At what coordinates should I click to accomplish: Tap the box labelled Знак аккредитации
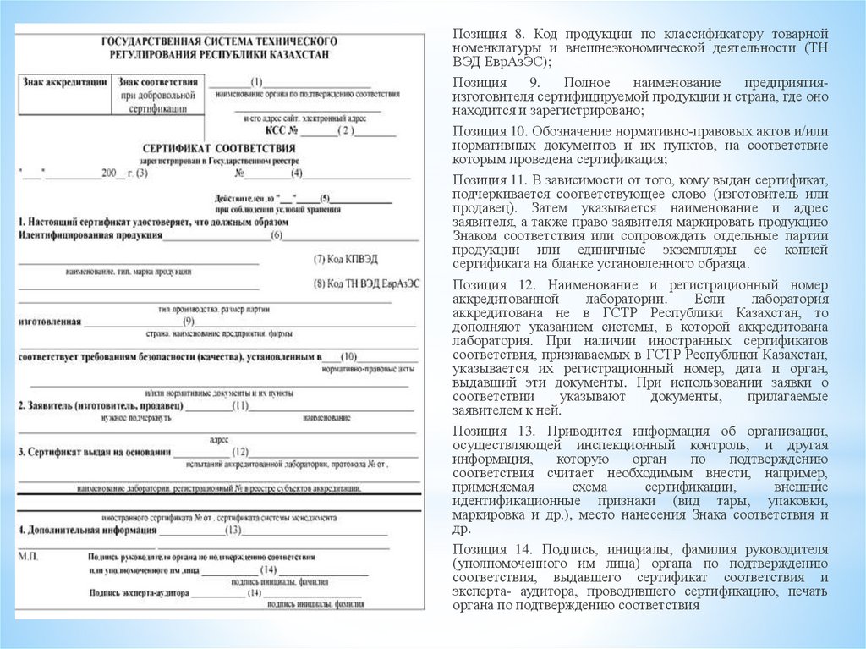[x=64, y=83]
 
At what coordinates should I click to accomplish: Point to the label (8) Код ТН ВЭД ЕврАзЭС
[x=365, y=283]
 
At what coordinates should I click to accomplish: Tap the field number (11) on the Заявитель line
[x=240, y=406]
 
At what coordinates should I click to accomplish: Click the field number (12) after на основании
[x=240, y=451]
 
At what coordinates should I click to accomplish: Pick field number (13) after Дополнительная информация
[x=233, y=531]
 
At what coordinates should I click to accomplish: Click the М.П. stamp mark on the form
[x=29, y=557]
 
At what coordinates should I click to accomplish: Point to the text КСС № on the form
[x=282, y=132]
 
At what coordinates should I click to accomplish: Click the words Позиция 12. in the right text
[x=491, y=286]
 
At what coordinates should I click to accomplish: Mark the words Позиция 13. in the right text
[x=491, y=432]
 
